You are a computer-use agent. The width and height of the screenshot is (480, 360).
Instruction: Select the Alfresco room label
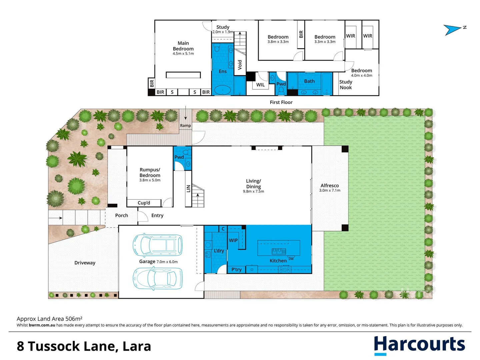(x=329, y=186)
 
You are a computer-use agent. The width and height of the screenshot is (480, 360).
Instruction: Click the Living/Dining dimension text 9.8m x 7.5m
(x=253, y=192)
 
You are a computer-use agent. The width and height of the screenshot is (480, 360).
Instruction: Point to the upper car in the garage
(x=157, y=245)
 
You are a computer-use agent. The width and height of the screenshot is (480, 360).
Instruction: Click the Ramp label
(x=185, y=126)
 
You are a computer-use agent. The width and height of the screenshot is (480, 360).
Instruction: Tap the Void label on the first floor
(x=240, y=65)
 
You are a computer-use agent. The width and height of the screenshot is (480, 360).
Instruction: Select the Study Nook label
(x=346, y=85)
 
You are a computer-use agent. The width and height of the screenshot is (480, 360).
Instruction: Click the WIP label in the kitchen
(x=233, y=240)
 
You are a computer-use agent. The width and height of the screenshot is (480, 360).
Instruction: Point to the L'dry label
(x=219, y=251)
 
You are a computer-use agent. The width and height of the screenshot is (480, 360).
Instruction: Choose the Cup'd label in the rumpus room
(x=144, y=203)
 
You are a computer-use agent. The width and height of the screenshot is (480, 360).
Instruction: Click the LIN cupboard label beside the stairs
(x=188, y=189)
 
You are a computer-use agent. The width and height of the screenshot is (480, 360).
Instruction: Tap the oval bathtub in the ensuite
(x=222, y=90)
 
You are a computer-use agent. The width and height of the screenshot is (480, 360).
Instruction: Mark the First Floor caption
(x=281, y=102)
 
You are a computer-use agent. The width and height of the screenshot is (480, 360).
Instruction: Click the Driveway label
(x=85, y=263)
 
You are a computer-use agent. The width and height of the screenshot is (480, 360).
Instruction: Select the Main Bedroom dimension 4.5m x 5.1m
(x=183, y=54)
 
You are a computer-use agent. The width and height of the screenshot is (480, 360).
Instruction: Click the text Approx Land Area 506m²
(x=49, y=319)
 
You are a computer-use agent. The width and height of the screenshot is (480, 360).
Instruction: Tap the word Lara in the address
(x=137, y=346)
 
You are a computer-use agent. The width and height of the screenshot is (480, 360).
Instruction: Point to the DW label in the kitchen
(x=291, y=259)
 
